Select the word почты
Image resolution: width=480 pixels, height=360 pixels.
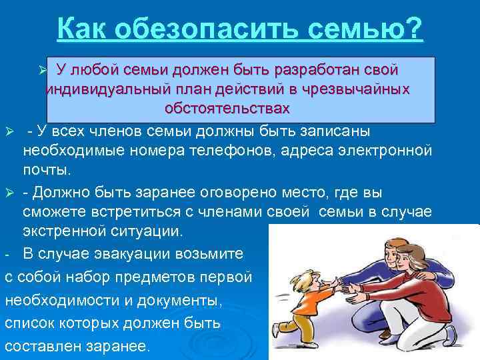pyautogui.click(x=47, y=170)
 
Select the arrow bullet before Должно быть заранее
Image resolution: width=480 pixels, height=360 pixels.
pyautogui.click(x=9, y=193)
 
